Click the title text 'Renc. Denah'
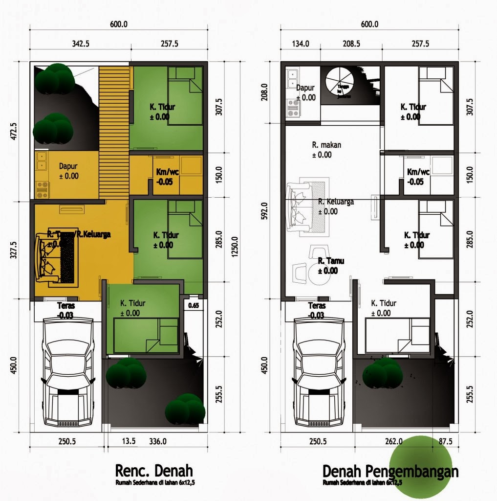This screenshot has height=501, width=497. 154,471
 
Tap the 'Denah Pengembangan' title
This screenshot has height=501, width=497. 390,472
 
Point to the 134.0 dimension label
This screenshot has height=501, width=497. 301,44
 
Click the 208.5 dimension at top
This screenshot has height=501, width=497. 351,44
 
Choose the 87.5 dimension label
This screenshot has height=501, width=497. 446,441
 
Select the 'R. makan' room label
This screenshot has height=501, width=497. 326,145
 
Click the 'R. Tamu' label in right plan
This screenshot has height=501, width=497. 331,261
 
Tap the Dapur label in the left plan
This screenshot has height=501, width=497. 69,166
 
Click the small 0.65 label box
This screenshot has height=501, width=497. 194,306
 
